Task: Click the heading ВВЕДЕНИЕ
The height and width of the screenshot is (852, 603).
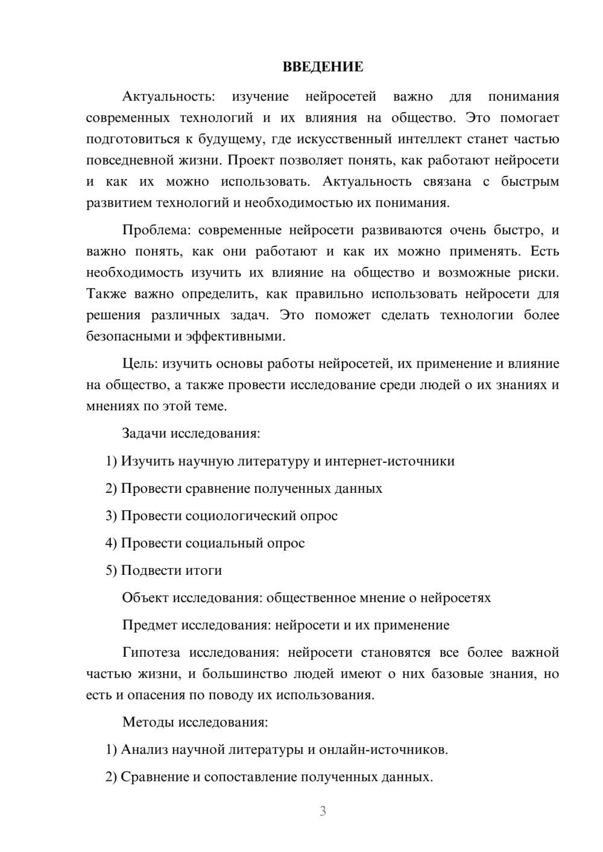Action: coord(323,67)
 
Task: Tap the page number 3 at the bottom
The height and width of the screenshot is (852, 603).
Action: coord(323,811)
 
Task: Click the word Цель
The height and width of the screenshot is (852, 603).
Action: coord(140,363)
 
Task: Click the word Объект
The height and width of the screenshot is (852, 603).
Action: coord(145,598)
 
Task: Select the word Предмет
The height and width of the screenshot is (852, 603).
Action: coord(149,625)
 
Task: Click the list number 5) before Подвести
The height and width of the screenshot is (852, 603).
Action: coord(112,571)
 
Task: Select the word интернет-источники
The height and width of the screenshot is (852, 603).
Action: coord(390,461)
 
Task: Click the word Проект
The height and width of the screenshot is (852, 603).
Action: coord(250,160)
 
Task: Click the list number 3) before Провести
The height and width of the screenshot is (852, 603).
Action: coord(112,516)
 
